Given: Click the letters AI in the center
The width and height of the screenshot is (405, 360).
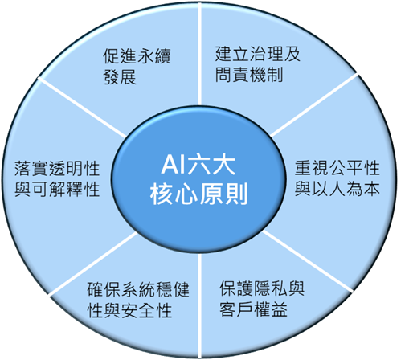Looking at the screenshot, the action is [x=174, y=166].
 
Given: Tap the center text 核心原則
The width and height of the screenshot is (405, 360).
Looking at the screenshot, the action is [x=198, y=194].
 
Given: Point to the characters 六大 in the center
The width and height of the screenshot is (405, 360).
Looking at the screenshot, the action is [x=211, y=166].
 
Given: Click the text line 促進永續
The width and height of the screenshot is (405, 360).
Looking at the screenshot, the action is [x=137, y=55].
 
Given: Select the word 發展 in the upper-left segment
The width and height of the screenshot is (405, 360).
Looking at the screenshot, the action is [x=120, y=77].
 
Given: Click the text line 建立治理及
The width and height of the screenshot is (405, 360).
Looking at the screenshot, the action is [x=258, y=54].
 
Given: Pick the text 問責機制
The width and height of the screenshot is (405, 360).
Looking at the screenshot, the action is [x=249, y=74].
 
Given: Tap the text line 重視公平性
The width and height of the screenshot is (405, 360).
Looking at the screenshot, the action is [x=337, y=168].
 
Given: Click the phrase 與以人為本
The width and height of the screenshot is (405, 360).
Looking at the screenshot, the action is [x=337, y=189].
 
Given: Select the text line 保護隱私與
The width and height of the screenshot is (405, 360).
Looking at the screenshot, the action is [x=262, y=288].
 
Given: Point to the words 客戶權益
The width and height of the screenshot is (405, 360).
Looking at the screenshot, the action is [x=253, y=309].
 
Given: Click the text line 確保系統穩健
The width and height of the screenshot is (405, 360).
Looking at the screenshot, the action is [x=138, y=289].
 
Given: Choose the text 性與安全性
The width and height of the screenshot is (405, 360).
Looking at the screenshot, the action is [x=129, y=310].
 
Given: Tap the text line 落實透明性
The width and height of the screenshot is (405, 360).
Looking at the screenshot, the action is [x=57, y=169].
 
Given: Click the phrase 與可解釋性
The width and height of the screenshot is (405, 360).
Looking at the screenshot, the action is [x=57, y=190].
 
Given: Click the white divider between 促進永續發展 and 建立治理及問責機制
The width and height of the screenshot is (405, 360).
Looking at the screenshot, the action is [x=200, y=54].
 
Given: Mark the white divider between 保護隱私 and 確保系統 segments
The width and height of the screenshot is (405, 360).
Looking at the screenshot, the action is [x=200, y=305].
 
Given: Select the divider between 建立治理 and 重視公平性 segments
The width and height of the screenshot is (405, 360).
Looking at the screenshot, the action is [x=314, y=105].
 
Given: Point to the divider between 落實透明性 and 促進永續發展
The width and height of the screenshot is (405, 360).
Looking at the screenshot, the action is [x=82, y=107].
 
